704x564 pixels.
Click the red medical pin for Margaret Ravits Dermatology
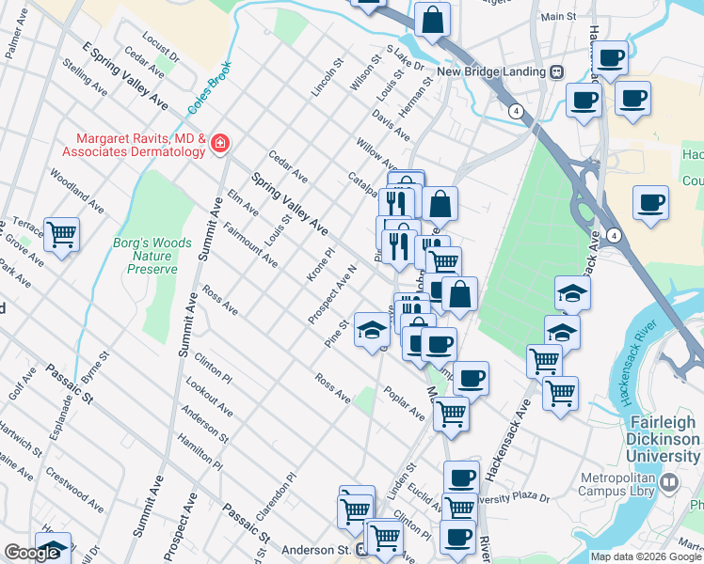point(220,143)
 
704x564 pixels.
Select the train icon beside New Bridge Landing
point(557,71)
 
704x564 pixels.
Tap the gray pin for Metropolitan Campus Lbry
point(669,483)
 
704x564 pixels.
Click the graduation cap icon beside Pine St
point(372,328)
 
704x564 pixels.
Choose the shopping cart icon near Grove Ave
point(62,235)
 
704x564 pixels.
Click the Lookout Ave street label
point(209,398)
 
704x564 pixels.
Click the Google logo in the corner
point(31,553)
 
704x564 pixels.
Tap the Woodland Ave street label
point(76,190)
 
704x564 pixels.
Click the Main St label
point(558,17)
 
